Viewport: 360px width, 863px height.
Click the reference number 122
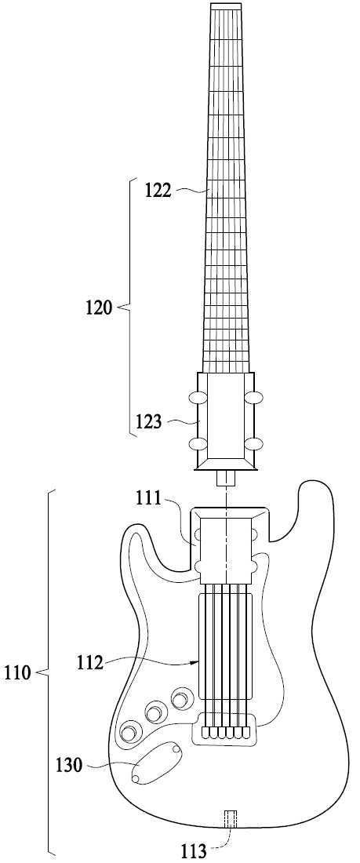[158, 191]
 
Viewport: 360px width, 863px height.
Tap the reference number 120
[99, 307]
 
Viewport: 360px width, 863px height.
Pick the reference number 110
[17, 672]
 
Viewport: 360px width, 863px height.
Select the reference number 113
[195, 851]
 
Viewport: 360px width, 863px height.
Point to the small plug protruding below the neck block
[226, 479]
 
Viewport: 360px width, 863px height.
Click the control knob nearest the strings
[180, 699]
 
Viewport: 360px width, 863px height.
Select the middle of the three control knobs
[155, 714]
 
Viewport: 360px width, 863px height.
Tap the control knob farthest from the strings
[130, 733]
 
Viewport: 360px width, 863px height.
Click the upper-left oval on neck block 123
[197, 397]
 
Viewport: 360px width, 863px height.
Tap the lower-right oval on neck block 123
[253, 442]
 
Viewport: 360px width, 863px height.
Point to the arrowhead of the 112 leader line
[195, 662]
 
